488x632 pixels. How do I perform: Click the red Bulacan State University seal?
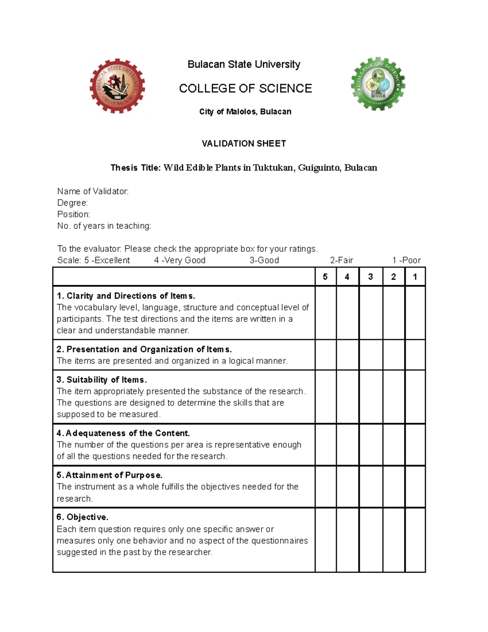pyautogui.click(x=117, y=86)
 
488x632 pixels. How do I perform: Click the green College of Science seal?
pyautogui.click(x=378, y=84)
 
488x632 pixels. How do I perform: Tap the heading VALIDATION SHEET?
pyautogui.click(x=244, y=143)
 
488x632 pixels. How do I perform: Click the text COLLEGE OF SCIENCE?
pyautogui.click(x=245, y=88)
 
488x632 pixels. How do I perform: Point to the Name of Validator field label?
pyautogui.click(x=93, y=191)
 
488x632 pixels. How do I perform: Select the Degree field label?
pyautogui.click(x=72, y=203)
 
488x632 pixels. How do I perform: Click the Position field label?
pyautogui.click(x=74, y=214)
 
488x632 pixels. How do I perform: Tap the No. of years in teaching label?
pyautogui.click(x=104, y=226)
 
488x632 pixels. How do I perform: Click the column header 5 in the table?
pyautogui.click(x=325, y=277)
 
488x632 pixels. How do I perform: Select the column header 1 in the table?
pyautogui.click(x=415, y=277)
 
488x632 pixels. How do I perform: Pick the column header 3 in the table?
pyautogui.click(x=370, y=277)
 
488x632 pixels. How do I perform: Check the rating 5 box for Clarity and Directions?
pyautogui.click(x=325, y=313)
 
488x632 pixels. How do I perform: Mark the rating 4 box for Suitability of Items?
pyautogui.click(x=347, y=397)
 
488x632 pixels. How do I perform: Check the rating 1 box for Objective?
pyautogui.click(x=415, y=540)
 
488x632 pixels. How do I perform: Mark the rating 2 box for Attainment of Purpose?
pyautogui.click(x=393, y=487)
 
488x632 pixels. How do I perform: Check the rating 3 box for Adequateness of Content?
pyautogui.click(x=370, y=444)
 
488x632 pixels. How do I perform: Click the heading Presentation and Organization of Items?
pyautogui.click(x=144, y=349)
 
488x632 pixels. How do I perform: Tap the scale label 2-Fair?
pyautogui.click(x=341, y=260)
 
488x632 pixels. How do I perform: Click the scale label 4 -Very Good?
pyautogui.click(x=180, y=260)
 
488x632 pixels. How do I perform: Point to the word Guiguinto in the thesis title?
pyautogui.click(x=319, y=168)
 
